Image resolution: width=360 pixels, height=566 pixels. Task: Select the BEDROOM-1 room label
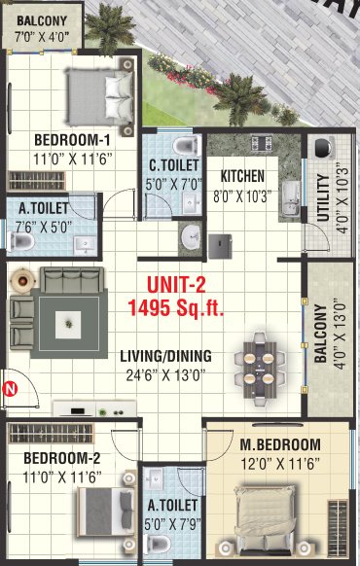coord(72,137)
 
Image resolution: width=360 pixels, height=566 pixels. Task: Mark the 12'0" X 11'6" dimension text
coord(280,464)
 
